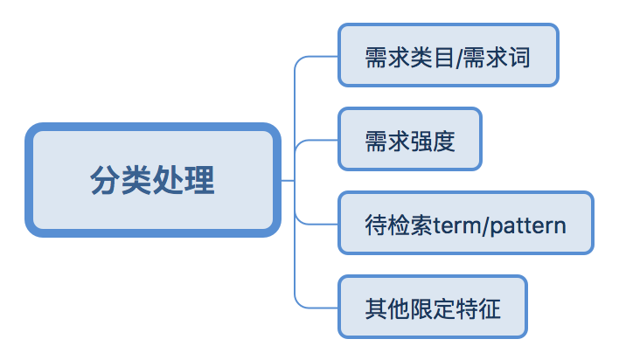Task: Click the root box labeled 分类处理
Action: point(153,180)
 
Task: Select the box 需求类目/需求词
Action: point(448,55)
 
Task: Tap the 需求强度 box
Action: point(410,139)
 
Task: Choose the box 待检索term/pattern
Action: point(466,223)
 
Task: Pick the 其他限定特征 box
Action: point(433,307)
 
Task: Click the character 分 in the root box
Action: point(105,180)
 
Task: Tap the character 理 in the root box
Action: point(200,180)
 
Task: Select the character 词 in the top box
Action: point(519,58)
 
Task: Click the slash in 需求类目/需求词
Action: point(458,58)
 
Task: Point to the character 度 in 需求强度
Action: point(444,142)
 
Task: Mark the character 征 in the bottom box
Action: point(490,308)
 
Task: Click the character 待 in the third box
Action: point(376,225)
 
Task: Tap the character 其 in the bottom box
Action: point(376,308)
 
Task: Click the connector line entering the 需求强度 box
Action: point(316,140)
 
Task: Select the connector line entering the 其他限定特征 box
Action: point(316,307)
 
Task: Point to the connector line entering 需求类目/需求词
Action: point(316,57)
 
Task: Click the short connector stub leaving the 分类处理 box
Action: point(288,180)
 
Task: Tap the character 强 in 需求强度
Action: point(421,142)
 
